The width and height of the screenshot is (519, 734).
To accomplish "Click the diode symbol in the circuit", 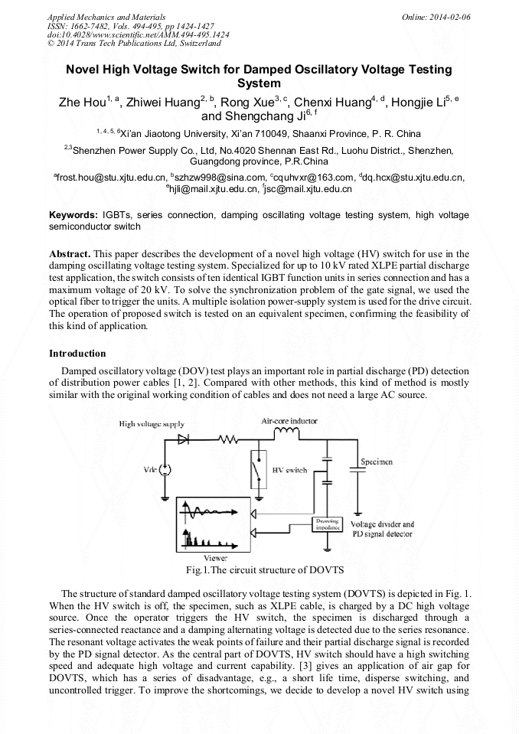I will pos(184,439).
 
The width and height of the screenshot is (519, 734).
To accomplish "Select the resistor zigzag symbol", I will pos(227,439).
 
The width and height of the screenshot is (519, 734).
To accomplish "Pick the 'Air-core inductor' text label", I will pos(289,421).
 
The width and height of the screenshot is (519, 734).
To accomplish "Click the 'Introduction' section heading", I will pos(77,354).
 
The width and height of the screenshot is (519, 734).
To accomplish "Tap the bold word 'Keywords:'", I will pos(73,216).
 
